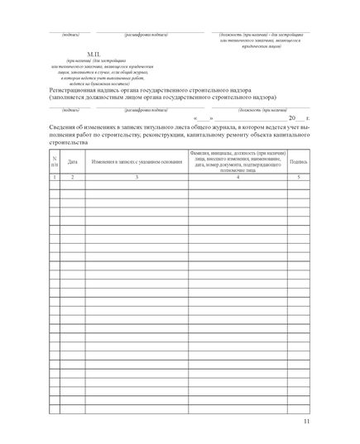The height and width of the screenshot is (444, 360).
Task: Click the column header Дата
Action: (72, 162)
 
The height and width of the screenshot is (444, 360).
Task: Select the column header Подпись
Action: (299, 162)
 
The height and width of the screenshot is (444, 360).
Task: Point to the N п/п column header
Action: (55, 162)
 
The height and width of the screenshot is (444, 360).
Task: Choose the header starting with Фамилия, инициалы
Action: (238, 162)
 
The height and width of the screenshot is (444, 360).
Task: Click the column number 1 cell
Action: (55, 177)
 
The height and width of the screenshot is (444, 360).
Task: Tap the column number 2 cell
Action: (72, 177)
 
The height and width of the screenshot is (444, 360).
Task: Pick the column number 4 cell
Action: (238, 177)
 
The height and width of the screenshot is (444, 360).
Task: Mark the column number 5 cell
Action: (299, 177)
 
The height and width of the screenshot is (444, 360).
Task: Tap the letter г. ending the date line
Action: (307, 119)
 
